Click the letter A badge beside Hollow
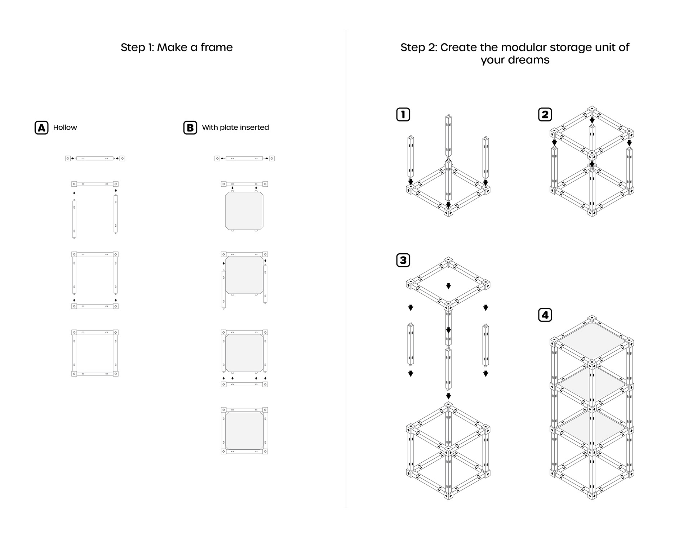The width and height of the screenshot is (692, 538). (41, 128)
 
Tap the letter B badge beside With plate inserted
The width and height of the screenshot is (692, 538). (190, 128)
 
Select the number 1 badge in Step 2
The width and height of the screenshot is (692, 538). (403, 115)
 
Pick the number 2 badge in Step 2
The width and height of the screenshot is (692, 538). (545, 115)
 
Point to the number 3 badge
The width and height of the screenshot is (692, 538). (403, 260)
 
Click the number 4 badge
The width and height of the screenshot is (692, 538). (545, 315)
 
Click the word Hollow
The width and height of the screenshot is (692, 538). (65, 128)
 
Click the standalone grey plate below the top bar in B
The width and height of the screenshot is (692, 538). (244, 211)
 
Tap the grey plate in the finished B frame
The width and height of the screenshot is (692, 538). (244, 431)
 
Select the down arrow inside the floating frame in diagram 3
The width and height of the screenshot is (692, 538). (448, 286)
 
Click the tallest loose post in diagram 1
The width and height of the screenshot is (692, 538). (448, 137)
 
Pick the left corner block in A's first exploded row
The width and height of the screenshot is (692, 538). (68, 158)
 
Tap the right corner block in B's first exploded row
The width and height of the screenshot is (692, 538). (272, 158)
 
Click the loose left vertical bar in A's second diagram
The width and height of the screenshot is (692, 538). (74, 219)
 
